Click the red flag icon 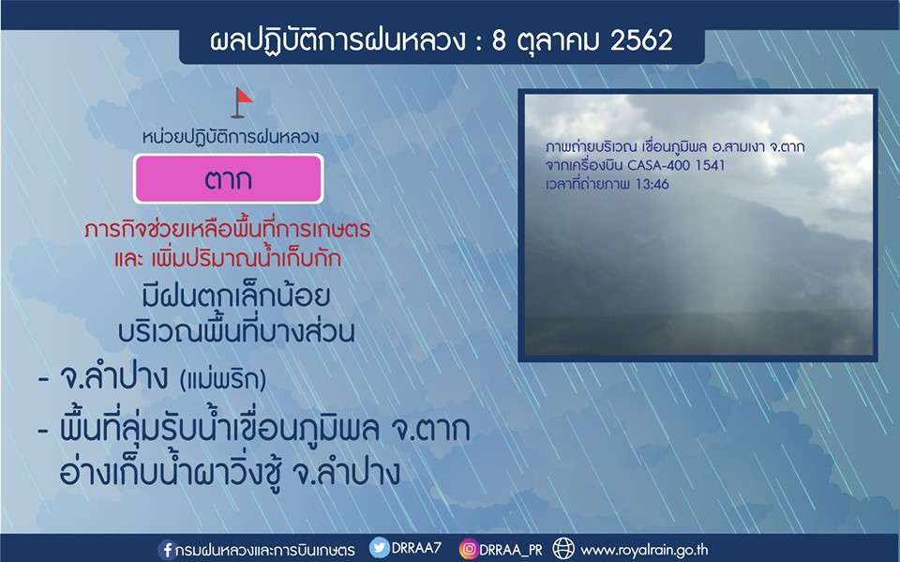pyautogui.click(x=241, y=102)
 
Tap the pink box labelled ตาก pyautogui.click(x=229, y=178)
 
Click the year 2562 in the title pyautogui.click(x=641, y=40)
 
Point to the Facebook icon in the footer pyautogui.click(x=167, y=550)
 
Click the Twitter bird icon pyautogui.click(x=379, y=548)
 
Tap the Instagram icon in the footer pyautogui.click(x=469, y=550)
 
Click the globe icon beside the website pyautogui.click(x=563, y=549)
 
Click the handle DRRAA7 pyautogui.click(x=416, y=548)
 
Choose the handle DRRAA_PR pyautogui.click(x=511, y=550)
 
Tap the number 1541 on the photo pyautogui.click(x=710, y=165)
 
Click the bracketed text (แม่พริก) pyautogui.click(x=223, y=380)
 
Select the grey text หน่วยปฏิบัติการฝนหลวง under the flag pyautogui.click(x=231, y=137)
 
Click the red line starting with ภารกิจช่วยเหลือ pyautogui.click(x=227, y=229)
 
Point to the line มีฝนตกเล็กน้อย pyautogui.click(x=235, y=296)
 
